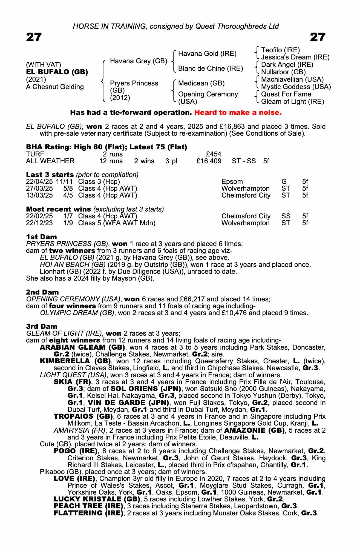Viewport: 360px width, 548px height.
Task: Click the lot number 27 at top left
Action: [34, 37]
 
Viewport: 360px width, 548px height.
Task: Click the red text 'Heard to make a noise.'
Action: [238, 113]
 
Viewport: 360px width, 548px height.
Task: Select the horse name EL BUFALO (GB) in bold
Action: [57, 72]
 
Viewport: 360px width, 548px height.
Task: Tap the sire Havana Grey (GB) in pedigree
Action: [139, 61]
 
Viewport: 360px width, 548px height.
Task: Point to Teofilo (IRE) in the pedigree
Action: [280, 50]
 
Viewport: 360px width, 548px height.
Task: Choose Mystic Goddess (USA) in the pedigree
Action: [296, 87]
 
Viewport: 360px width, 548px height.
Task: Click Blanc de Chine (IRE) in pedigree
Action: [210, 68]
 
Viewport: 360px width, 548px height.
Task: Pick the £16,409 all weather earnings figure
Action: [209, 161]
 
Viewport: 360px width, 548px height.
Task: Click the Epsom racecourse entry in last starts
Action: [232, 181]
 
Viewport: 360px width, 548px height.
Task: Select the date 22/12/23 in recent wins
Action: [39, 223]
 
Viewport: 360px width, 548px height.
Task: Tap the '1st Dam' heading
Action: [41, 237]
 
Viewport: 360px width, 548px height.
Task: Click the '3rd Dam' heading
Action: [42, 326]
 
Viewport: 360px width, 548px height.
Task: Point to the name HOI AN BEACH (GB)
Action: [73, 265]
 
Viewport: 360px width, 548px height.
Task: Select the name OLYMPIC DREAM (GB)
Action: [77, 313]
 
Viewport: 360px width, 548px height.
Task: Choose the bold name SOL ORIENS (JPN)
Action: [146, 389]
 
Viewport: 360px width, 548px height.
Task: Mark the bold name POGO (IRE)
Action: [75, 451]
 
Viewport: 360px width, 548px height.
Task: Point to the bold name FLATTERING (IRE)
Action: [88, 513]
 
